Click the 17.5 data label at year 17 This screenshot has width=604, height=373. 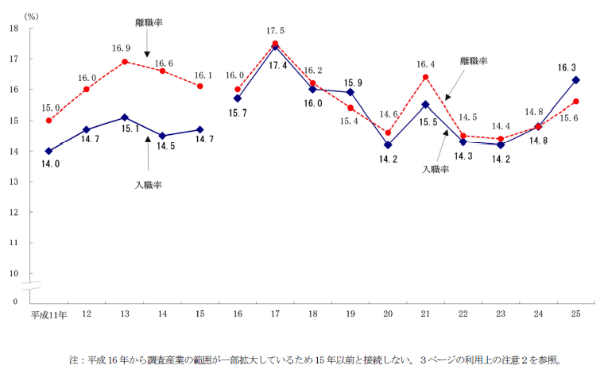point(276,31)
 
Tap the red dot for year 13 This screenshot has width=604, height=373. point(125,61)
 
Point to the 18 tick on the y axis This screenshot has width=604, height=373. point(14,29)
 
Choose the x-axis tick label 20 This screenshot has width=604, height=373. point(388,314)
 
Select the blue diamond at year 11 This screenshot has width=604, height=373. point(49,151)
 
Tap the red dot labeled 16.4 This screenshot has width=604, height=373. point(426,77)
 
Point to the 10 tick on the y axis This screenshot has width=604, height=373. point(14,273)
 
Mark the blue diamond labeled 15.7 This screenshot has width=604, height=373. point(238,98)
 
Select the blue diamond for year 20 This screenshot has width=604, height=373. point(388,144)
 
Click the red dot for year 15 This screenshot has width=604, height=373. point(199,86)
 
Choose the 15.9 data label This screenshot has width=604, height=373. point(351,82)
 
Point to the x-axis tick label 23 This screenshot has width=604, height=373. point(501,314)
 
